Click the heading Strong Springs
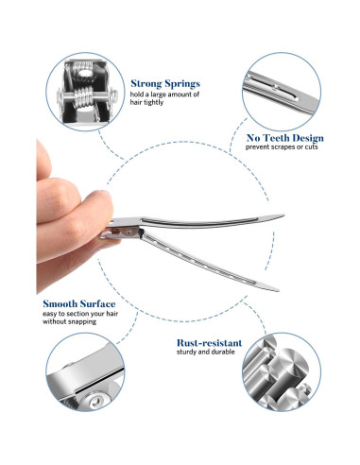(x=165, y=83)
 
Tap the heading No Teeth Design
(x=284, y=138)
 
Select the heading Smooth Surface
(x=79, y=303)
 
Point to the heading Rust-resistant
(x=209, y=343)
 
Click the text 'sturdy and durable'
(x=206, y=352)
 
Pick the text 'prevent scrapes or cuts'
(x=282, y=146)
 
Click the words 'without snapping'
(x=69, y=321)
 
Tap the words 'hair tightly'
(x=146, y=102)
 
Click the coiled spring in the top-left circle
(x=84, y=97)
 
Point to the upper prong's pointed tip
(x=283, y=215)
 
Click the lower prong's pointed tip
(x=278, y=290)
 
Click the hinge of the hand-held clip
(x=128, y=232)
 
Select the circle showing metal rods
(x=282, y=372)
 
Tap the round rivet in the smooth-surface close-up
(x=95, y=402)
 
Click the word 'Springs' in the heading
(x=182, y=84)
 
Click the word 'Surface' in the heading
(x=97, y=303)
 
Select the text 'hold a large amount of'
(x=164, y=95)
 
